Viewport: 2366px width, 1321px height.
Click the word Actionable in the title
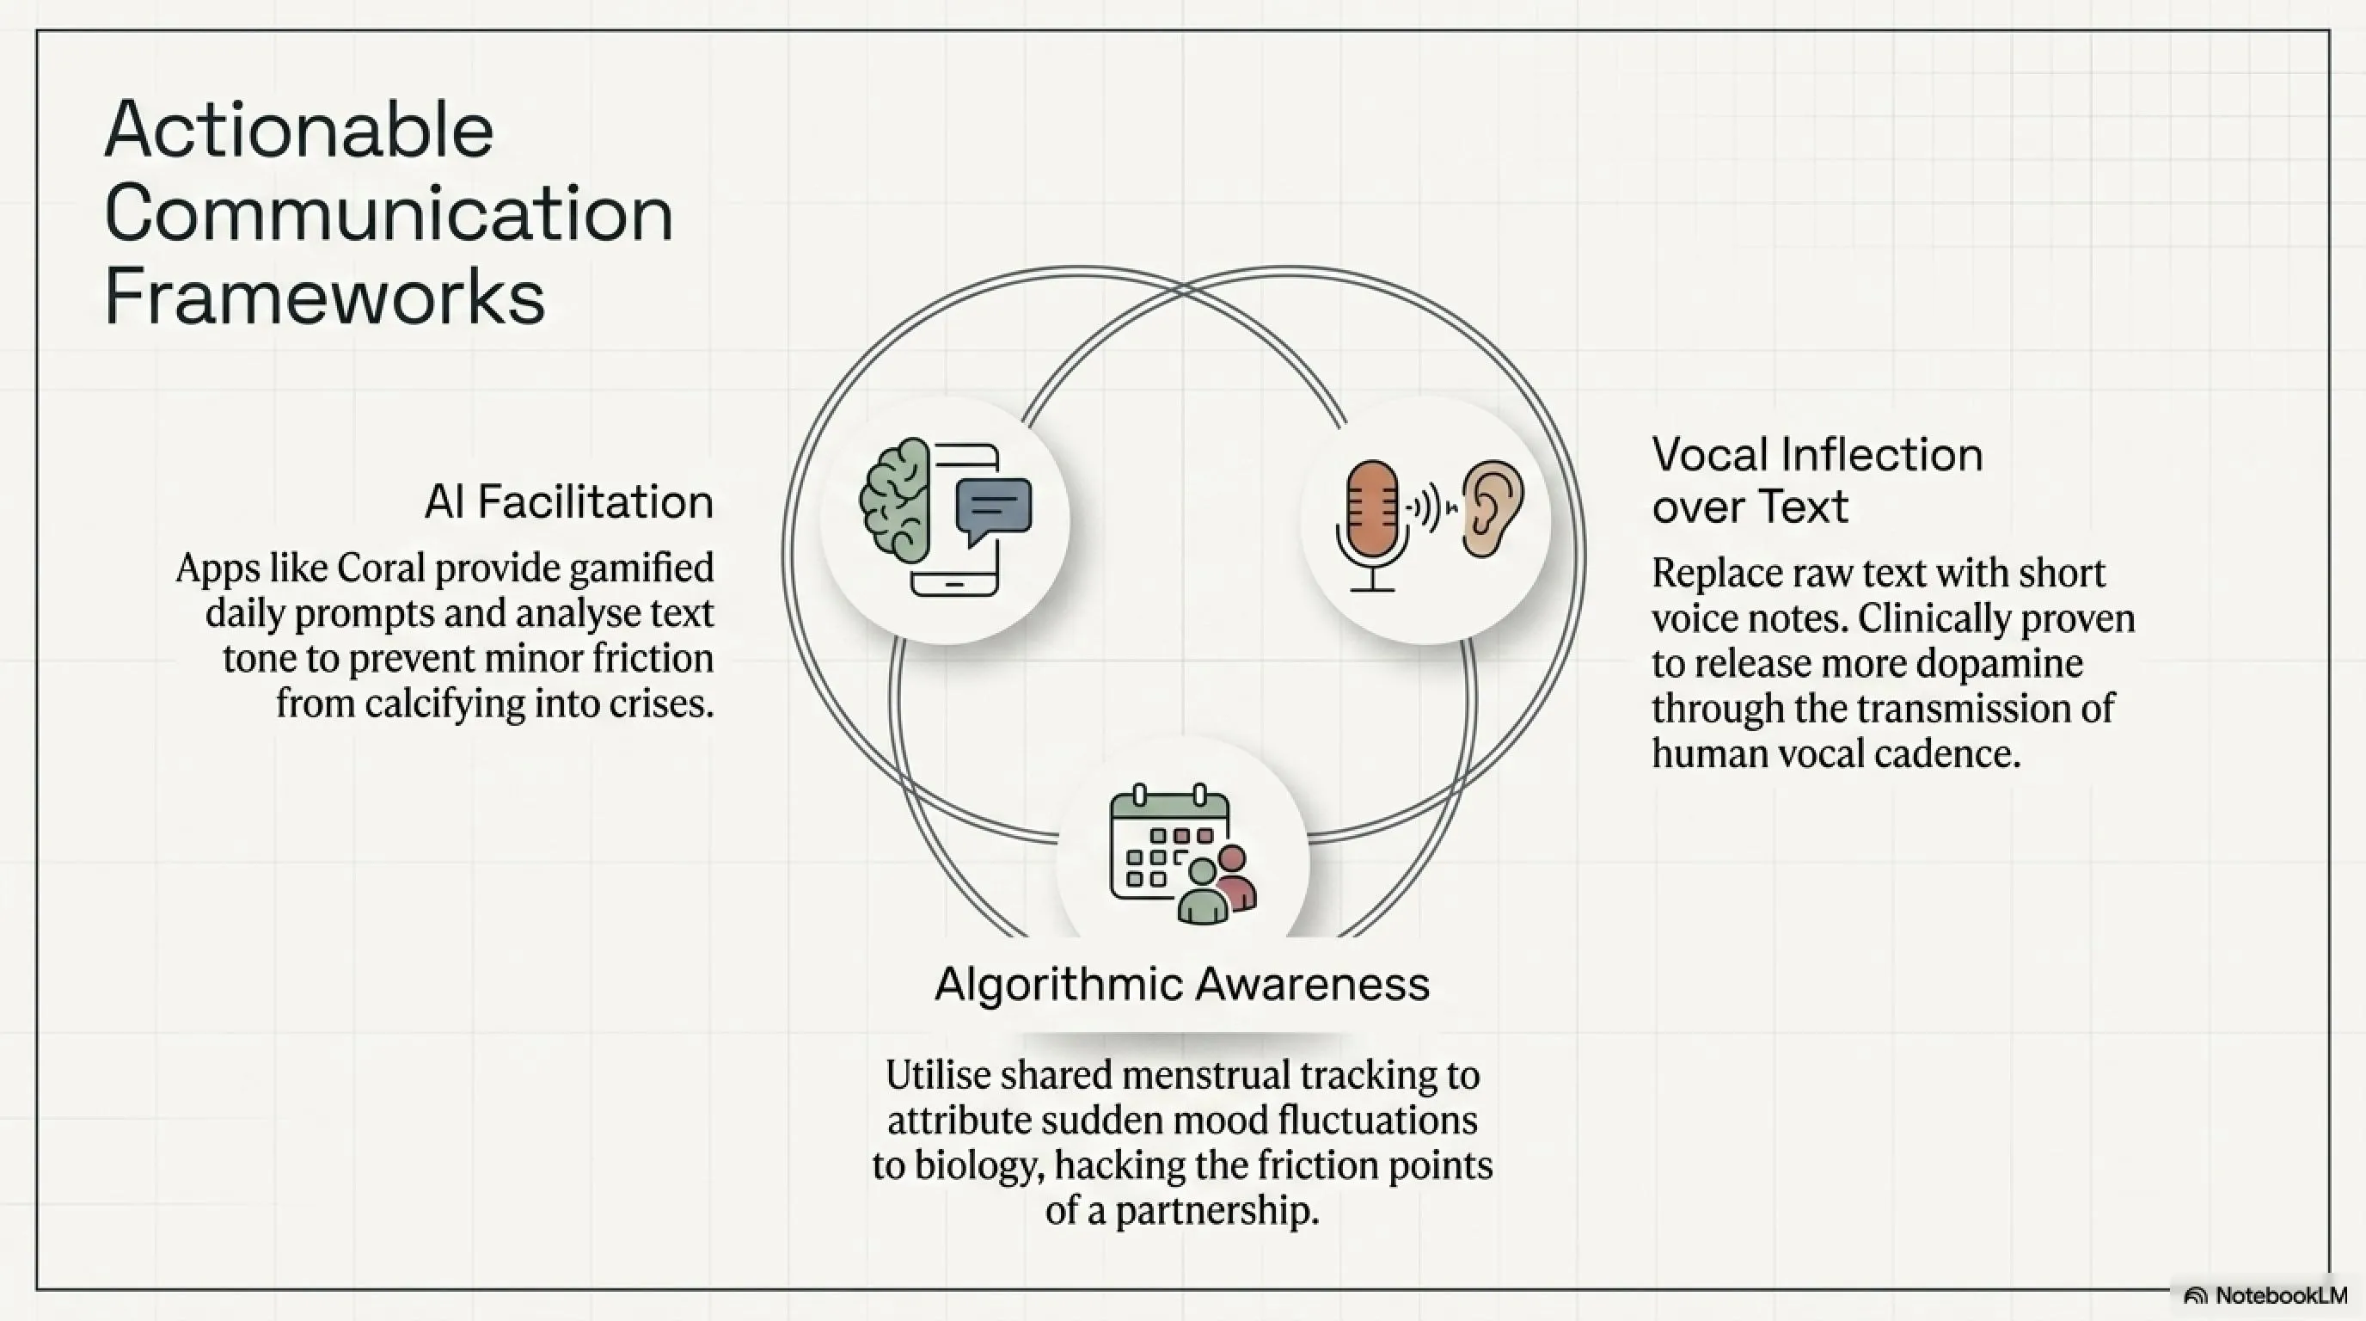[x=299, y=130]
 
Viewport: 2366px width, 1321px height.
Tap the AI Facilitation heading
[x=568, y=501]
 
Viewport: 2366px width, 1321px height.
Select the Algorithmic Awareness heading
[x=1182, y=985]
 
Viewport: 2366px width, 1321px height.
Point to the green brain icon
[x=895, y=500]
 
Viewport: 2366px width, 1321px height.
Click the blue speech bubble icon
[x=993, y=511]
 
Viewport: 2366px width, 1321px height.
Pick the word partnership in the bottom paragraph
[x=1217, y=1212]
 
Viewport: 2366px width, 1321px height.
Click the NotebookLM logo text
[x=2281, y=1295]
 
